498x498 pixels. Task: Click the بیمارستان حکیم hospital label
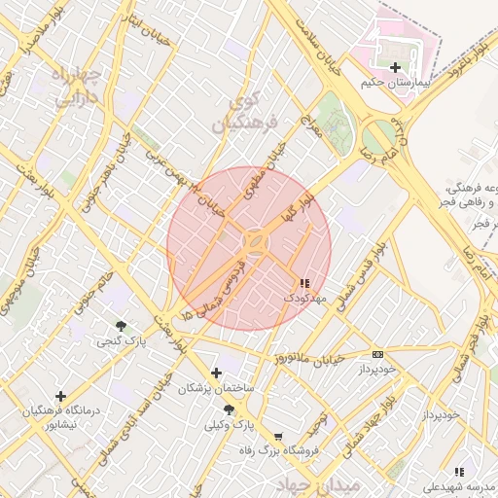[394, 83]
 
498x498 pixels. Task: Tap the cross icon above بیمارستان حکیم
[395, 67]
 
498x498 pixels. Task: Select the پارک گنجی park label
[116, 341]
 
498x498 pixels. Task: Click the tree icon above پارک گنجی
[121, 326]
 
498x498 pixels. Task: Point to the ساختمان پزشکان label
[215, 388]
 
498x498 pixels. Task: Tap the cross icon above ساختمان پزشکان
[216, 373]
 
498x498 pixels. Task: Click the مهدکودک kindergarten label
[303, 298]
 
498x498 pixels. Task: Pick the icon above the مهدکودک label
[304, 283]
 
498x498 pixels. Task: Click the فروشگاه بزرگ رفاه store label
[281, 451]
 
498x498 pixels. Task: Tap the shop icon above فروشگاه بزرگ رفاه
[279, 437]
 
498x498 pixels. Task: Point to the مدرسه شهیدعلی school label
[457, 486]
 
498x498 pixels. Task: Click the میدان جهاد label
[318, 483]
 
